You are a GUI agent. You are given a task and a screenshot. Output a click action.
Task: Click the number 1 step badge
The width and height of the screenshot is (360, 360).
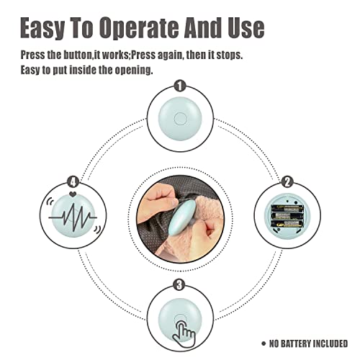click(x=180, y=86)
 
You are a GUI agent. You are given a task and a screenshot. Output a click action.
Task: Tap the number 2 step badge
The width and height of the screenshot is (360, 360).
click(x=287, y=182)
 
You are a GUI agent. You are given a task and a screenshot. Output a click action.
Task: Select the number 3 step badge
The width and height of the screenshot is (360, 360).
click(x=179, y=285)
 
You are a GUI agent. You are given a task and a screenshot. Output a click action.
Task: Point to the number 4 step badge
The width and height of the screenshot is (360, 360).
click(x=73, y=181)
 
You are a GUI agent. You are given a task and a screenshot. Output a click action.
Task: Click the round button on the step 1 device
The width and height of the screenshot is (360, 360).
click(x=180, y=118)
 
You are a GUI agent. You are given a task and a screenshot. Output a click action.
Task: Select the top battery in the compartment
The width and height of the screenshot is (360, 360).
click(x=287, y=208)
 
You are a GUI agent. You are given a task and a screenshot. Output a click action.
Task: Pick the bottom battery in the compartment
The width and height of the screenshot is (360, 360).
click(x=287, y=224)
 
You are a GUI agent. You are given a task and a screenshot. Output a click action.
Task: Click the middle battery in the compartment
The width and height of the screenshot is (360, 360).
click(x=287, y=216)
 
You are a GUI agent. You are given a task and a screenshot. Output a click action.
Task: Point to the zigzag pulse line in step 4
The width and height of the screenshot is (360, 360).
click(x=73, y=217)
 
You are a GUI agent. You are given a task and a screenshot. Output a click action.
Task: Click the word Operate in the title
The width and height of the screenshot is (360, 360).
click(x=139, y=28)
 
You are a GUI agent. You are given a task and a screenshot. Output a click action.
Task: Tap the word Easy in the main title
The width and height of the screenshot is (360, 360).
click(x=42, y=28)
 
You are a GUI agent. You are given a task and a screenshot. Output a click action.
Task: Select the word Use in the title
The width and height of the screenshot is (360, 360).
click(x=246, y=28)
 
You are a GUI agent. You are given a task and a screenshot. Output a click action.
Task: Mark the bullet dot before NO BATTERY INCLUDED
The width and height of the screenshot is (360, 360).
click(x=264, y=343)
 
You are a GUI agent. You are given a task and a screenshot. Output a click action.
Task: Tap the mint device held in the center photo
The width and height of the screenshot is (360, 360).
click(x=181, y=218)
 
